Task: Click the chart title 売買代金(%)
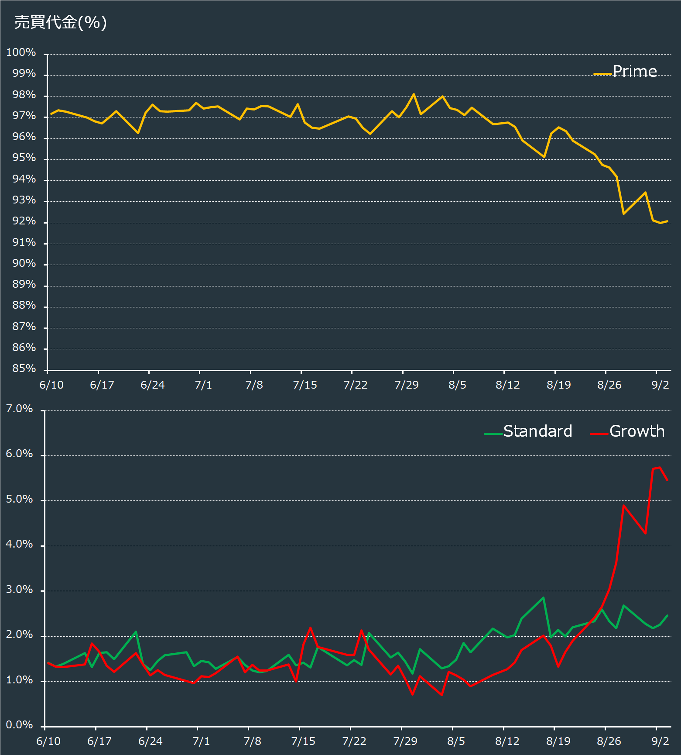(x=61, y=22)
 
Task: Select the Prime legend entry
(x=625, y=71)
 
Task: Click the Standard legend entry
(x=528, y=431)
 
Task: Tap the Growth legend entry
(x=627, y=431)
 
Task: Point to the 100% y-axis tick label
(x=21, y=52)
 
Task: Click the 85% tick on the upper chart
(x=24, y=369)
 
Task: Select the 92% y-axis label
(x=24, y=221)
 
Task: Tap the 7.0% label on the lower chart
(x=19, y=409)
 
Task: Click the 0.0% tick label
(x=19, y=725)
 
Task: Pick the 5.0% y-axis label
(x=19, y=499)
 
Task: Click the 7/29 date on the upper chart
(x=406, y=385)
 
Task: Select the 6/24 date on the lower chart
(x=151, y=741)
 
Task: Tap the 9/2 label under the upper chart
(x=660, y=385)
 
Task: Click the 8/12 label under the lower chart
(x=507, y=741)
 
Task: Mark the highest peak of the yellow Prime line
(x=414, y=94)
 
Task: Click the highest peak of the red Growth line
(x=660, y=468)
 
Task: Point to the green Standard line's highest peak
(x=543, y=598)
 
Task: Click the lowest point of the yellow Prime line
(x=660, y=223)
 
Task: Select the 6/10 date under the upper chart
(x=51, y=385)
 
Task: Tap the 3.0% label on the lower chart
(x=19, y=590)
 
